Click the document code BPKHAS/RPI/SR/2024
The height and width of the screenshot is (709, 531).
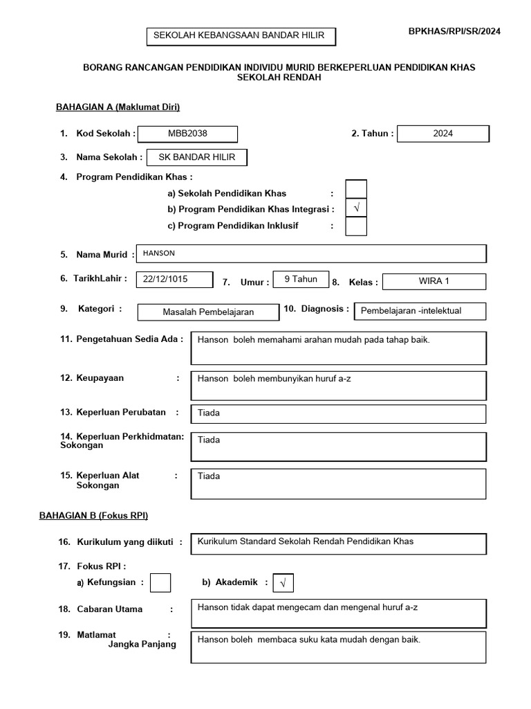coord(454,31)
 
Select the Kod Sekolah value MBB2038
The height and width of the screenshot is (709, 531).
coord(187,134)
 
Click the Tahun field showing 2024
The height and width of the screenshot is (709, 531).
coord(443,134)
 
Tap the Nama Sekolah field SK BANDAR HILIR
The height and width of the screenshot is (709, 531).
coord(197,157)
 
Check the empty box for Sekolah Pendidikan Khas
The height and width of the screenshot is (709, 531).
coord(356,189)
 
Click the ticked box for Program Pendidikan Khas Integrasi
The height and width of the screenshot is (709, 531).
coord(356,208)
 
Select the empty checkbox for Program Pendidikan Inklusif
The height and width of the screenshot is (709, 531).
coord(356,226)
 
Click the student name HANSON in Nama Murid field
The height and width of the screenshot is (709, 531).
coord(158,253)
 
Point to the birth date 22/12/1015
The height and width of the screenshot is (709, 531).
coord(166,279)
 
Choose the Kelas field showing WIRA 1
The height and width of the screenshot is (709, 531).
coord(434,281)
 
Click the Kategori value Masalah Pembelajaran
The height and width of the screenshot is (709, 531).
coord(208,312)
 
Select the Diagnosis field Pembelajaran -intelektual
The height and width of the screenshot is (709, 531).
coord(411,311)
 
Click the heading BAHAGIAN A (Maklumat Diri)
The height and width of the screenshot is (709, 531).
coord(118,107)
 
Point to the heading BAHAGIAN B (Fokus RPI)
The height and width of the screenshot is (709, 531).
coord(102,516)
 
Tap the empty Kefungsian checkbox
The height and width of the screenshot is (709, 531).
coord(160,583)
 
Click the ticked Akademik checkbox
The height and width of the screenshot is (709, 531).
coord(283,584)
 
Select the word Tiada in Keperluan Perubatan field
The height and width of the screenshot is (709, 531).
coord(209,413)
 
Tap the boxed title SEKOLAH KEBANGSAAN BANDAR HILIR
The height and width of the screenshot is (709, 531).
coord(234,37)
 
